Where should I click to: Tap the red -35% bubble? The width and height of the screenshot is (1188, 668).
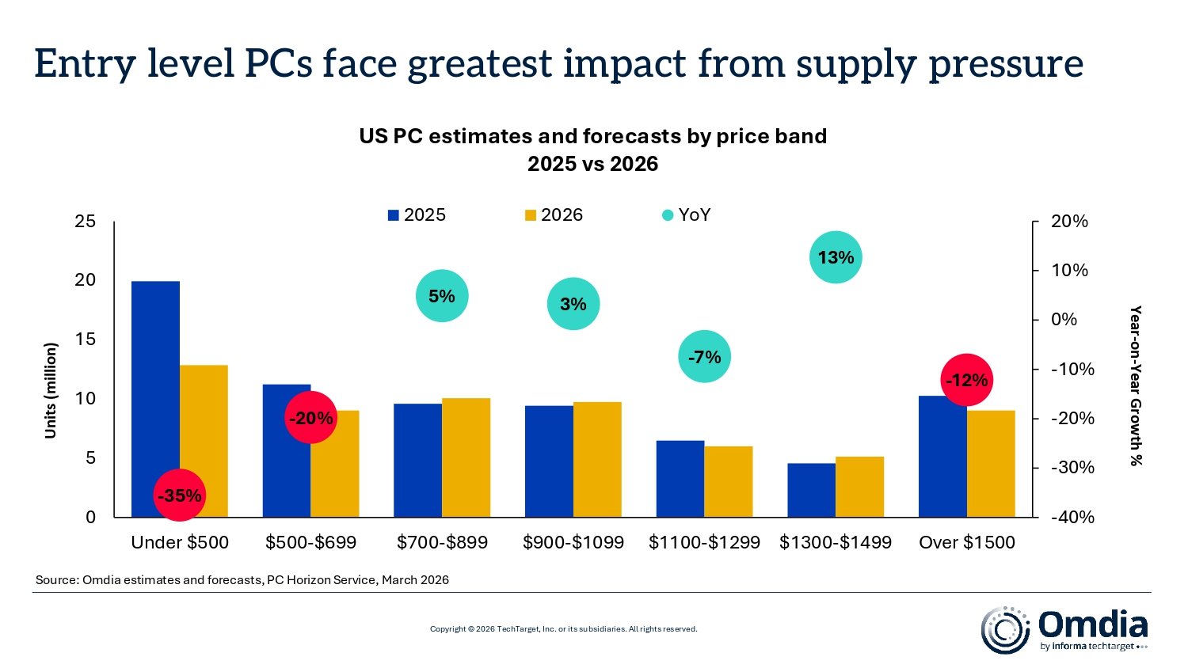pyautogui.click(x=179, y=495)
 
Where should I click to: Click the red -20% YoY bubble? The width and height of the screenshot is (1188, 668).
pyautogui.click(x=310, y=418)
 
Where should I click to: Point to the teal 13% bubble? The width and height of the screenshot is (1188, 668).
pyautogui.click(x=836, y=257)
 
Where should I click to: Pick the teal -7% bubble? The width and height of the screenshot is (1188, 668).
pyautogui.click(x=704, y=357)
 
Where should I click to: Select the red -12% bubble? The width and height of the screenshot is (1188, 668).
pyautogui.click(x=966, y=380)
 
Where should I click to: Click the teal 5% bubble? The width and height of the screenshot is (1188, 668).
pyautogui.click(x=442, y=296)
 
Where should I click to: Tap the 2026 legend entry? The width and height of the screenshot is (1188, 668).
pyautogui.click(x=554, y=215)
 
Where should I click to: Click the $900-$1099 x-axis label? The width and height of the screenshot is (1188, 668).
pyautogui.click(x=573, y=542)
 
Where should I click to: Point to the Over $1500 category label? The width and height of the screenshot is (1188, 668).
pyautogui.click(x=966, y=542)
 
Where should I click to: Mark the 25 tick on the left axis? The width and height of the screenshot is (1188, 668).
pyautogui.click(x=85, y=222)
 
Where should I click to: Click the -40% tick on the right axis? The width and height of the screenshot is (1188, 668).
pyautogui.click(x=1072, y=517)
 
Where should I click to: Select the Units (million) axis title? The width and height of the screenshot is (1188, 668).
pyautogui.click(x=51, y=390)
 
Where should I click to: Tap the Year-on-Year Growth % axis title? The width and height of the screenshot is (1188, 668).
pyautogui.click(x=1135, y=385)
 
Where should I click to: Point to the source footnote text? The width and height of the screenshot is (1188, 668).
pyautogui.click(x=242, y=580)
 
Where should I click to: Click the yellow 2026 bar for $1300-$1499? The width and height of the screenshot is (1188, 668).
pyautogui.click(x=859, y=487)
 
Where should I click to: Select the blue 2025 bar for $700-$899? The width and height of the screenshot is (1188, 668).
pyautogui.click(x=417, y=461)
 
